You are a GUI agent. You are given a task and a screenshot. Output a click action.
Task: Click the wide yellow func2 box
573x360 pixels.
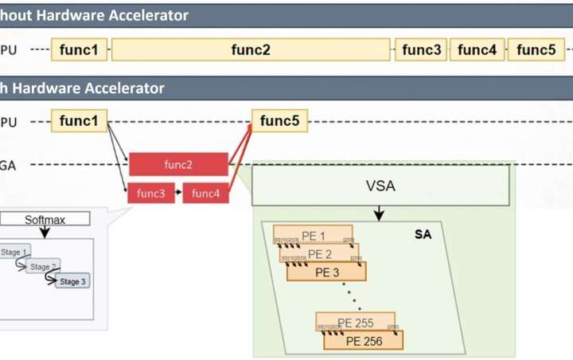(251, 49)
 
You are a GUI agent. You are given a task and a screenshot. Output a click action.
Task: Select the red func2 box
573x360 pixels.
(179, 165)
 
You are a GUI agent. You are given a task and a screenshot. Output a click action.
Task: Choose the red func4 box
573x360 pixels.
(205, 193)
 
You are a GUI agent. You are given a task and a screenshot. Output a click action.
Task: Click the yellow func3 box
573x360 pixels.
(421, 49)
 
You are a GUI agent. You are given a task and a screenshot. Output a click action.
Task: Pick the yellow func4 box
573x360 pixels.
(477, 49)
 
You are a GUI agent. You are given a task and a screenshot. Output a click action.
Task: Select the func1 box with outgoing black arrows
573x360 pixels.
(79, 121)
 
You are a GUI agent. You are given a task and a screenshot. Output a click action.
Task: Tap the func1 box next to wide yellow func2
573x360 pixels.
(79, 49)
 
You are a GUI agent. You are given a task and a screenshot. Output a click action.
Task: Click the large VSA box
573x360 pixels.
(380, 186)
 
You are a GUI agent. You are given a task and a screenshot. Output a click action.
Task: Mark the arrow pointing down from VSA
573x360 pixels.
(380, 213)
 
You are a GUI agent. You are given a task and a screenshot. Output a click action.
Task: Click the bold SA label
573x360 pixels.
(423, 235)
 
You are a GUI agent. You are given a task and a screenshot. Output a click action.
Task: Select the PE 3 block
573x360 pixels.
(327, 272)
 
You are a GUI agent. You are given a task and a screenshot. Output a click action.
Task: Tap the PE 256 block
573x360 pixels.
(364, 340)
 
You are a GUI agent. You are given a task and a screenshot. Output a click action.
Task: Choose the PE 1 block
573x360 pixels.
(313, 235)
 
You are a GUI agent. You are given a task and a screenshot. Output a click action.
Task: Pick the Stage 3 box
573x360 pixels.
(72, 281)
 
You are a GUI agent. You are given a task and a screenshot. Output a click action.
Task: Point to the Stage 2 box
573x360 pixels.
(44, 267)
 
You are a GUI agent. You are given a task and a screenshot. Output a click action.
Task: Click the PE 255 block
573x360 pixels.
(356, 323)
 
